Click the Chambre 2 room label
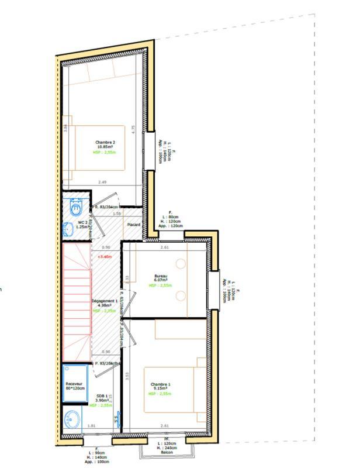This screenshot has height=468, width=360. click(x=105, y=142)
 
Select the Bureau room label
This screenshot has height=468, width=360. click(x=160, y=276)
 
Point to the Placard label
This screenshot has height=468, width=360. click(x=134, y=225)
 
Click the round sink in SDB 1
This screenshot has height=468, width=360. click(x=71, y=419)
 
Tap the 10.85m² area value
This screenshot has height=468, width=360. click(x=105, y=147)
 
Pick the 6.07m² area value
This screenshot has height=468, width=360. click(x=160, y=281)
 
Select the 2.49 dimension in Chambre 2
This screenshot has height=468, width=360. click(x=102, y=182)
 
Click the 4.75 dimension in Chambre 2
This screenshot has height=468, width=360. click(x=133, y=130)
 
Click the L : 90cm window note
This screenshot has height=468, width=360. click(x=96, y=453)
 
